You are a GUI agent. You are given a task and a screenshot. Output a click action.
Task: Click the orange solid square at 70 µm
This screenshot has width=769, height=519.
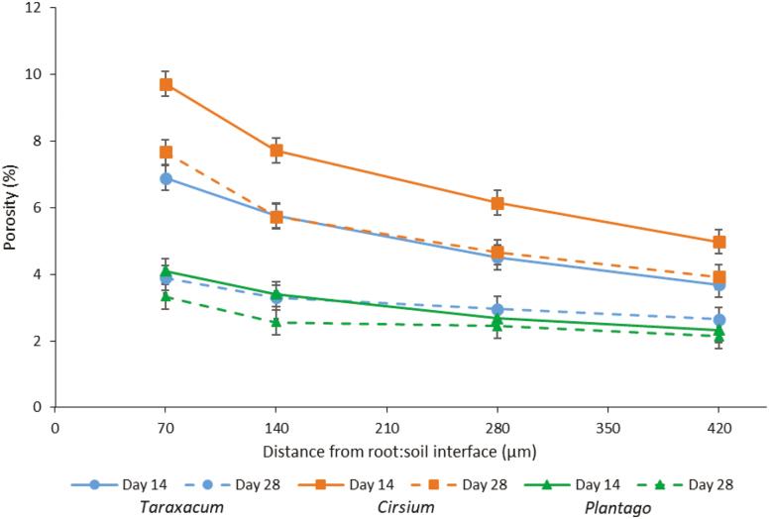pyautogui.click(x=166, y=84)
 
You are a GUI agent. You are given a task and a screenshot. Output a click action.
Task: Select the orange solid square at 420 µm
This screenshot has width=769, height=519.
pyautogui.click(x=719, y=242)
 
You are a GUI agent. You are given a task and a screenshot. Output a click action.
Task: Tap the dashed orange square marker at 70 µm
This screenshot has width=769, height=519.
pyautogui.click(x=166, y=152)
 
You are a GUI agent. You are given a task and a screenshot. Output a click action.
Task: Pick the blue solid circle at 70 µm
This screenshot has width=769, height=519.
pyautogui.click(x=166, y=178)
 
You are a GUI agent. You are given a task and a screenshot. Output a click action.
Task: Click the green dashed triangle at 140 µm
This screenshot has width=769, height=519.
pyautogui.click(x=277, y=322)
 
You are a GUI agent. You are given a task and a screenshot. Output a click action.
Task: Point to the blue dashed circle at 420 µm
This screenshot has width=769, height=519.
pyautogui.click(x=719, y=320)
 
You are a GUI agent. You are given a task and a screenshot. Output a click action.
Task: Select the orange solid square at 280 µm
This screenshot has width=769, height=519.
pyautogui.click(x=498, y=203)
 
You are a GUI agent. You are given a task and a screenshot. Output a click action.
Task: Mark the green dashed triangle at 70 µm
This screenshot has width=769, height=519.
pyautogui.click(x=166, y=296)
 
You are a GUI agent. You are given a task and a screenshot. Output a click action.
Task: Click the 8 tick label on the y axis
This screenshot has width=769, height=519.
pyautogui.click(x=37, y=141)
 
